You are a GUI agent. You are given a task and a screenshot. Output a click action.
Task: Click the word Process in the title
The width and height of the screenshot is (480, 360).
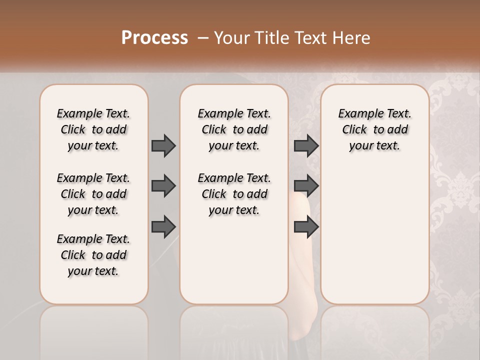(154, 38)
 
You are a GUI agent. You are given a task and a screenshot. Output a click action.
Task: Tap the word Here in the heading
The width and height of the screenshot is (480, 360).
(352, 38)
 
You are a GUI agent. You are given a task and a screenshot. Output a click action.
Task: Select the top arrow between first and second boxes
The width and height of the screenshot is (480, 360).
(163, 145)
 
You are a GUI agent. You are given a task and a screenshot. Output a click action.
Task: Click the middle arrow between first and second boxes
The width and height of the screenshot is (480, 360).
(163, 186)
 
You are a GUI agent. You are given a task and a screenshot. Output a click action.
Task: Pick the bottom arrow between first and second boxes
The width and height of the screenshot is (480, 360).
(163, 226)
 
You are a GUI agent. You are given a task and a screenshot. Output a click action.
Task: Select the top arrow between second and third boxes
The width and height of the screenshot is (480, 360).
(306, 145)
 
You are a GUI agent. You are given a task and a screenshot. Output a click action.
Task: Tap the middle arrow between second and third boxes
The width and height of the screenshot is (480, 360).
(306, 186)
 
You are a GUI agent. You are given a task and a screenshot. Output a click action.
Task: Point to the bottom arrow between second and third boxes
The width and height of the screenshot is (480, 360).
(306, 226)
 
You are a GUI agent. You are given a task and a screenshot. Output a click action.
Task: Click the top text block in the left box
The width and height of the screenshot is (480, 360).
(93, 129)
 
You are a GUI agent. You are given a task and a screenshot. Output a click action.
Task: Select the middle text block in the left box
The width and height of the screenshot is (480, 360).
(93, 194)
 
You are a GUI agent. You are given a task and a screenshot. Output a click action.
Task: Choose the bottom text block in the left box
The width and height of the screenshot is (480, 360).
(93, 255)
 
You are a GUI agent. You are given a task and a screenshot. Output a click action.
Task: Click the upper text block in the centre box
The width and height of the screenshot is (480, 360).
(234, 129)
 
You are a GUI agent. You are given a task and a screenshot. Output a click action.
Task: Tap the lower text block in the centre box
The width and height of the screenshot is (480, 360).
(234, 194)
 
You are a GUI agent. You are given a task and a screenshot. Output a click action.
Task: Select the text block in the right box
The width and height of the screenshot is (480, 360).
(374, 129)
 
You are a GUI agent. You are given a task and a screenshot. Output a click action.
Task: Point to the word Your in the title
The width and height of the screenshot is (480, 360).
(230, 38)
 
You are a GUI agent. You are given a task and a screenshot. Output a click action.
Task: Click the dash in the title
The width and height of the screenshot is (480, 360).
(203, 38)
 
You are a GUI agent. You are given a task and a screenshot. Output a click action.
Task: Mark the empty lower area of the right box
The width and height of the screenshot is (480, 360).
(374, 235)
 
